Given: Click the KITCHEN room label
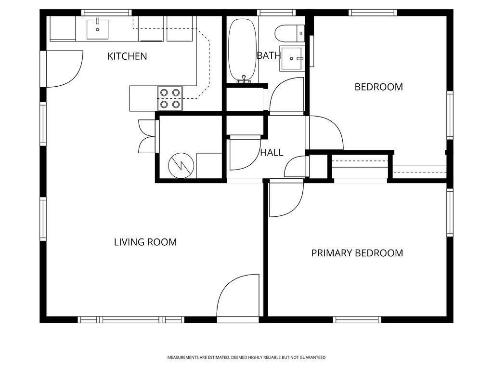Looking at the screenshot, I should click(x=127, y=56).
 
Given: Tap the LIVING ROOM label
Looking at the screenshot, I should click(x=145, y=242).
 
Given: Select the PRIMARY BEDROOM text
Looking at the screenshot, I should click(x=357, y=253).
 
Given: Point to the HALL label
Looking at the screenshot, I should click(x=272, y=153).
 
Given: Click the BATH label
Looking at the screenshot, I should click(x=268, y=55).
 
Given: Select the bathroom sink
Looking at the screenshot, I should click(x=292, y=59).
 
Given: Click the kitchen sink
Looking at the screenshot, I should click(x=97, y=29).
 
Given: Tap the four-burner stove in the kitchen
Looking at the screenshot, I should click(x=170, y=98).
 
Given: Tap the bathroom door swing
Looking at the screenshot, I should click(x=287, y=96).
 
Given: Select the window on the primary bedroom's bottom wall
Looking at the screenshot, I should click(x=357, y=319).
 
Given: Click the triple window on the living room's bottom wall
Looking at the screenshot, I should click(x=131, y=319).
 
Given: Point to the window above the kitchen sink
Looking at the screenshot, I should click(x=106, y=12).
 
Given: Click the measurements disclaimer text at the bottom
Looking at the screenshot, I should click(x=246, y=357).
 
